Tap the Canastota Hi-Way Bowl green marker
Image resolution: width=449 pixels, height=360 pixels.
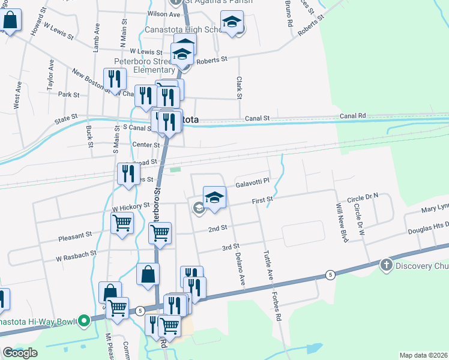85,321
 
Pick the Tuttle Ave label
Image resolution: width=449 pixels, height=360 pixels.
268,265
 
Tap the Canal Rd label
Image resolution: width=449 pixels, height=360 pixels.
352,115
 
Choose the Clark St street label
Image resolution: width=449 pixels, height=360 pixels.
239,87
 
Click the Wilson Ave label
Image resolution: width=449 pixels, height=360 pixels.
163,14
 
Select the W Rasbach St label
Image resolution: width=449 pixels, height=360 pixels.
76,254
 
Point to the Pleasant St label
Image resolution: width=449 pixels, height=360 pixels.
75,236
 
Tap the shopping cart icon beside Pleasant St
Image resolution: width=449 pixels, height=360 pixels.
122,223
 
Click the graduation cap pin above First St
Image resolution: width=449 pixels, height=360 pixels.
214,197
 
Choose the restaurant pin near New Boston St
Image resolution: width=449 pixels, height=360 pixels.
113,79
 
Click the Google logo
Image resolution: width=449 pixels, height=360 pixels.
20,353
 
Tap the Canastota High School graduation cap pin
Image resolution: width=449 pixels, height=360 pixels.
232,23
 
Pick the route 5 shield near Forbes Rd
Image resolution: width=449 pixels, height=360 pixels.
330,274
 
